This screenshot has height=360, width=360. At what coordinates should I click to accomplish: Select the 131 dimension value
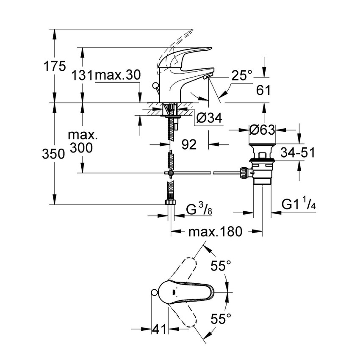[x=83, y=76]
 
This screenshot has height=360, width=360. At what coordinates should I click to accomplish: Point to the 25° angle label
[x=242, y=76]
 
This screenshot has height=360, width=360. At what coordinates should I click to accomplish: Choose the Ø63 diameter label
[x=262, y=130]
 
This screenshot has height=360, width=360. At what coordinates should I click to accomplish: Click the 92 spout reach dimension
[x=189, y=145]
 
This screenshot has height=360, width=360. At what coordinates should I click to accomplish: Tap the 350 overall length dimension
[x=53, y=154]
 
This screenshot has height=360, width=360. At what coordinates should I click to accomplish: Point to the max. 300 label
[x=83, y=142]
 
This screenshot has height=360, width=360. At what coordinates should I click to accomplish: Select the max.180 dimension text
[x=215, y=232]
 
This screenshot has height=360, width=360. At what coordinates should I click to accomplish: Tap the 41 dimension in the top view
[x=159, y=329]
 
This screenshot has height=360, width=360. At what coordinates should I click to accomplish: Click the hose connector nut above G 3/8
[x=170, y=201]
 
